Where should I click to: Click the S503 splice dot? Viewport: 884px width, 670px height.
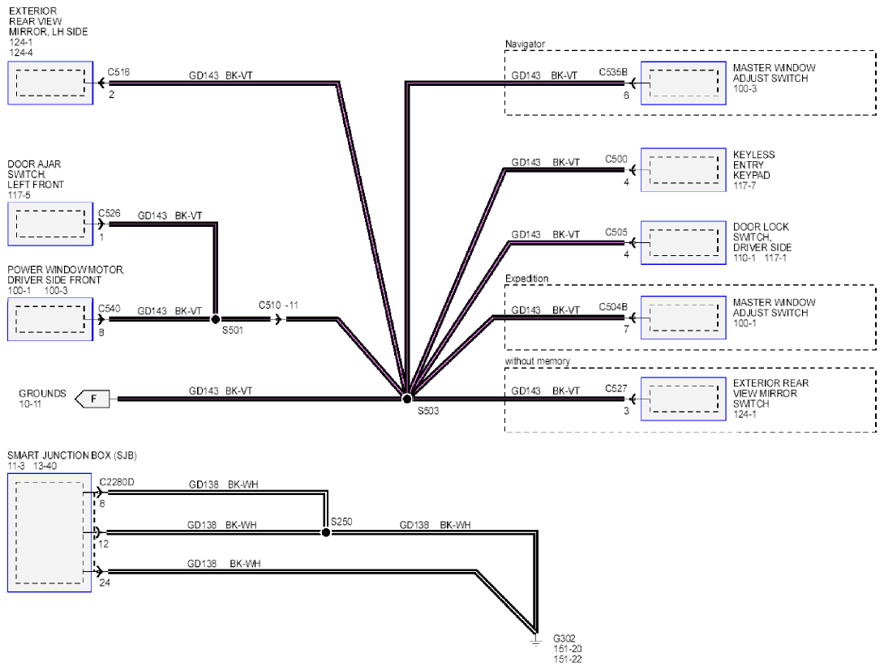(x=406, y=399)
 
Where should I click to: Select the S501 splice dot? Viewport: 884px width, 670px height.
(x=216, y=319)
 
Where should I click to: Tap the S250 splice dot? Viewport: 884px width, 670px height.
(x=326, y=532)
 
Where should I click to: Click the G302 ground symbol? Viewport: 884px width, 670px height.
(x=535, y=640)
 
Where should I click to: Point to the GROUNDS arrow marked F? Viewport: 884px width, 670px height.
(x=92, y=399)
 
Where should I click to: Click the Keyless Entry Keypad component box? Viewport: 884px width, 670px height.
(x=684, y=169)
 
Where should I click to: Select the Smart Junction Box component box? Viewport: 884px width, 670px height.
(x=49, y=532)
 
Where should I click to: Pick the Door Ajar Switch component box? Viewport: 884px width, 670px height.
(x=50, y=224)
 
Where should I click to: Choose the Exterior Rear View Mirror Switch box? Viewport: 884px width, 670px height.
(x=684, y=399)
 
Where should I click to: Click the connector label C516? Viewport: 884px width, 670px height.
(x=118, y=72)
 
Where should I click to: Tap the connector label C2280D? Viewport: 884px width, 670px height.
(x=117, y=482)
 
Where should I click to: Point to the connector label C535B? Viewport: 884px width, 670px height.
(x=613, y=72)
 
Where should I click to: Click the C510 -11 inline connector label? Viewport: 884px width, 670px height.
(x=278, y=305)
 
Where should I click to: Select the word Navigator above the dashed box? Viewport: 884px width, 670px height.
(x=525, y=44)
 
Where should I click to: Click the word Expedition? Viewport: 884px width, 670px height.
(x=526, y=278)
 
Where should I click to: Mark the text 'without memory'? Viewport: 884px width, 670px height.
(x=537, y=361)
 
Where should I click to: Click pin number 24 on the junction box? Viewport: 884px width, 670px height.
(x=105, y=583)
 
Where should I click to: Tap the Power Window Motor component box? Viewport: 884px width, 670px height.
(x=50, y=319)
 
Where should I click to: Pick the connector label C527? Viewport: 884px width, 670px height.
(x=616, y=389)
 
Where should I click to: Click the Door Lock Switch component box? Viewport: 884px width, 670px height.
(x=684, y=243)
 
